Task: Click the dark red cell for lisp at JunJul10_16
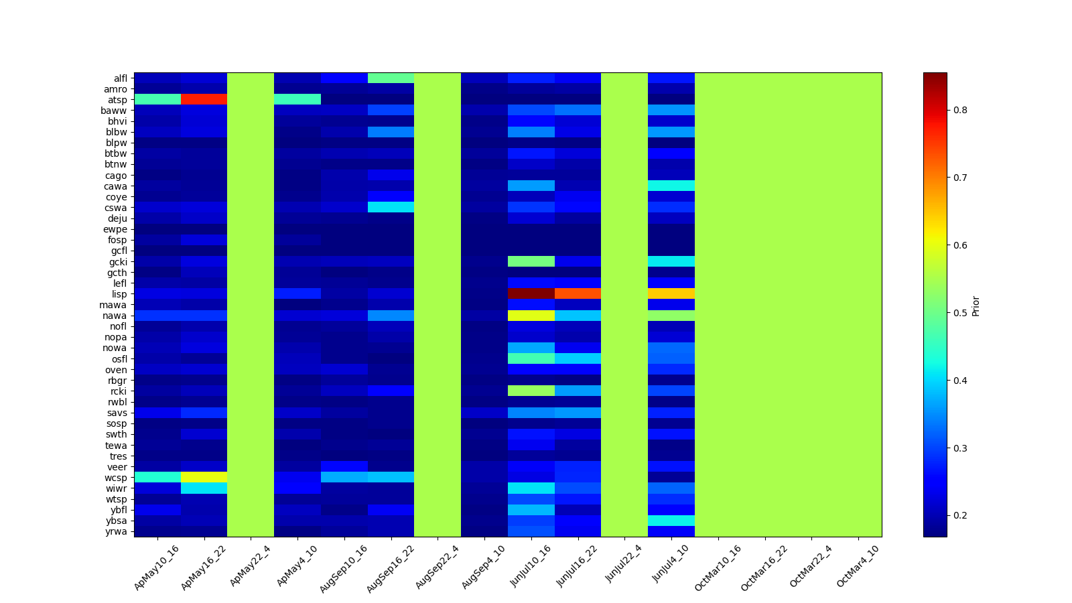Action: click(531, 293)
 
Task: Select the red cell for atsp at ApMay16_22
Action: click(204, 99)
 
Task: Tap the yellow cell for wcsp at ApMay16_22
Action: click(204, 477)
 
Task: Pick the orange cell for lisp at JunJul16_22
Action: click(578, 293)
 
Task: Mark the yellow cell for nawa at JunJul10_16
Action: click(531, 315)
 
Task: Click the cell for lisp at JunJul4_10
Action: click(671, 293)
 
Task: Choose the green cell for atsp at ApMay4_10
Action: click(297, 99)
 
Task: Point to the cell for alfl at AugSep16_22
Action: click(391, 78)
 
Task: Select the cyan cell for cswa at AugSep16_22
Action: click(391, 207)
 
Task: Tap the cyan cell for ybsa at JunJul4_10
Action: click(671, 521)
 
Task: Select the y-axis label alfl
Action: click(120, 78)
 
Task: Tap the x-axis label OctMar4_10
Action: click(858, 566)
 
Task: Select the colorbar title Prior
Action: click(976, 305)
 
